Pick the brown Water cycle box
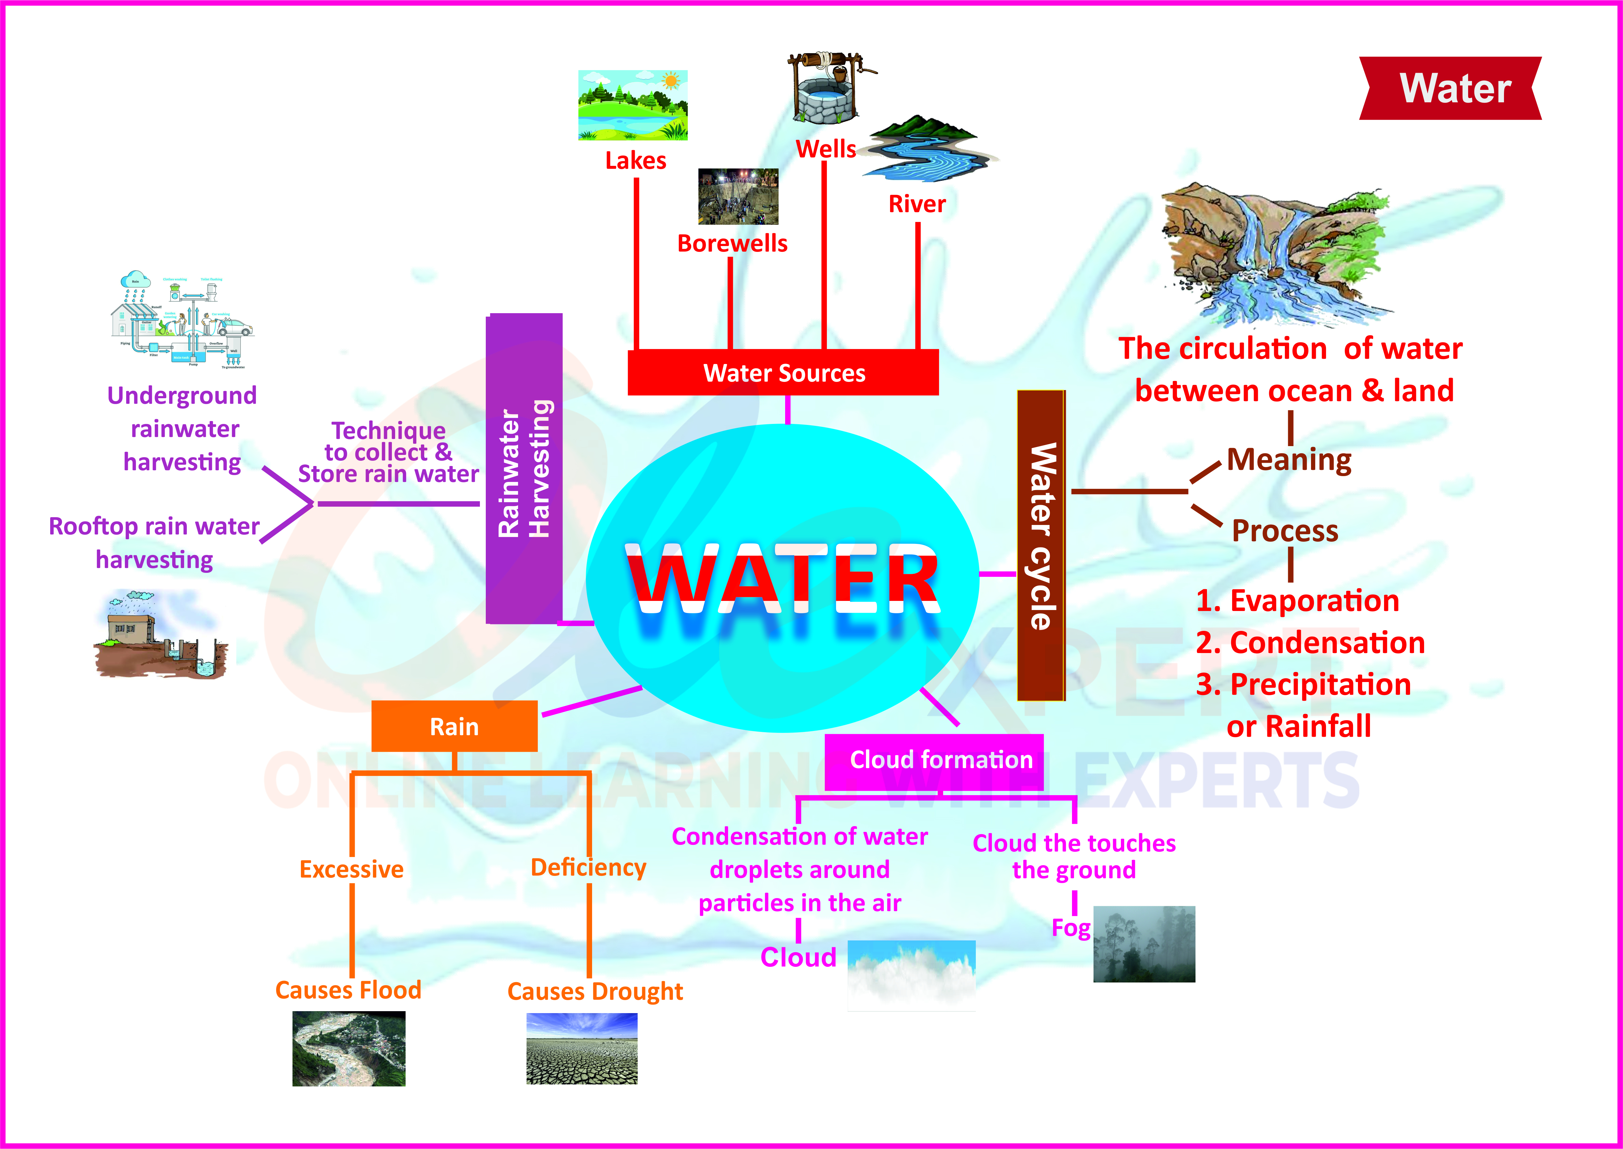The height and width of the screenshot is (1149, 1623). click(1040, 545)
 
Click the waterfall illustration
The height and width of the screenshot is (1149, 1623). click(1274, 255)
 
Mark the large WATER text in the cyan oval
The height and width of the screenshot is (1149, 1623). click(782, 580)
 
